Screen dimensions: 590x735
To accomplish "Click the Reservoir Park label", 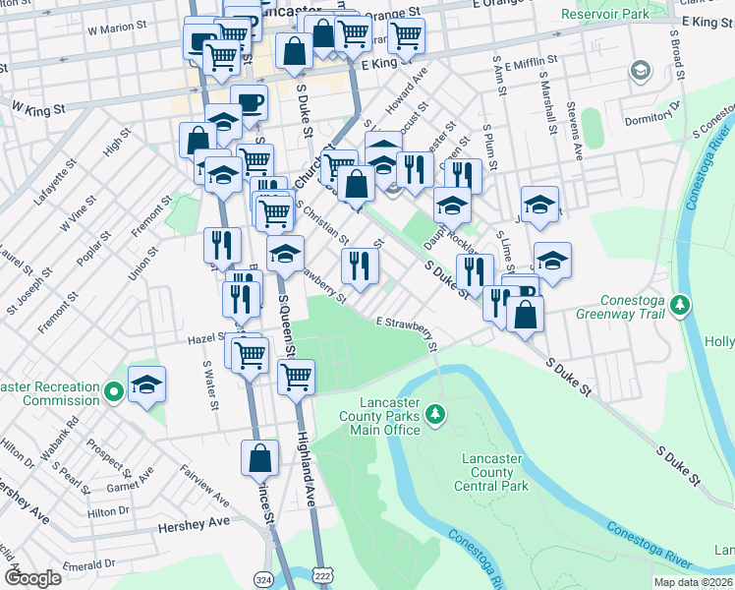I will coord(605,14).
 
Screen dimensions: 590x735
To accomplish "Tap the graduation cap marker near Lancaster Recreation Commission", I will coord(146,384).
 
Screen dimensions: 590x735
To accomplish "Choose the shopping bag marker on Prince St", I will coord(260,457).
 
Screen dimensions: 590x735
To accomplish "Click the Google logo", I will coord(31,578).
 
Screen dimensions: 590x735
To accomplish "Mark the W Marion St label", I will coord(117,30).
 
